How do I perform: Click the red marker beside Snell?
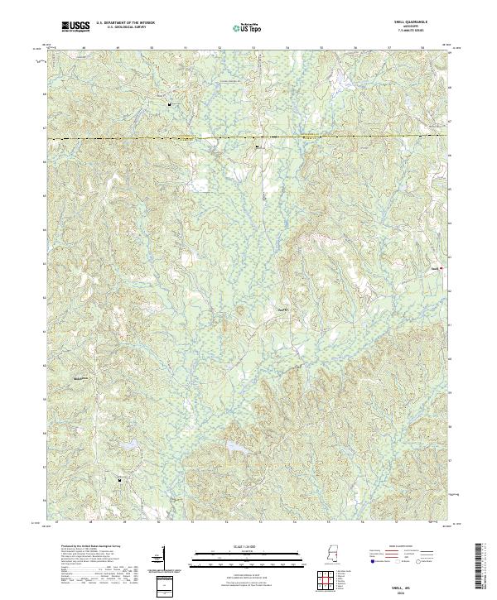(441, 268)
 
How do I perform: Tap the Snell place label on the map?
(433, 268)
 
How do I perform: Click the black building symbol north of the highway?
(170, 105)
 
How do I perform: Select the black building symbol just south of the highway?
(257, 147)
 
